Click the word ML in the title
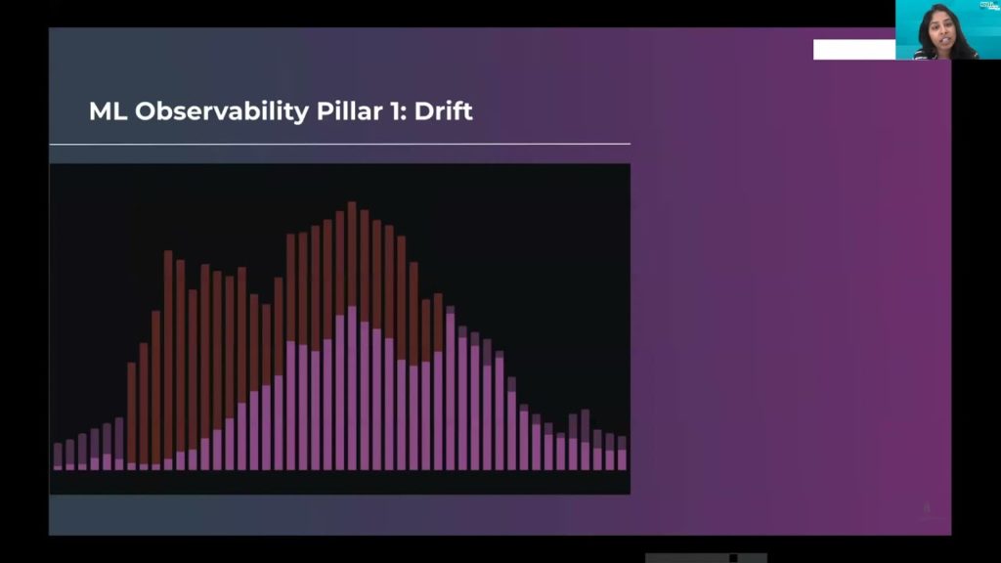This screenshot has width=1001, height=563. coord(108,111)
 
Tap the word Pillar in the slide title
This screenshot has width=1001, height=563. coord(348,111)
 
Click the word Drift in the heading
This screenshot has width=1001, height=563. coord(444,111)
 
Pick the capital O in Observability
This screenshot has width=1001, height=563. coord(147,111)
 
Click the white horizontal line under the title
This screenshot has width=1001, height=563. coord(339,145)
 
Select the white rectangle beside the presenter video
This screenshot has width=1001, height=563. coord(854,49)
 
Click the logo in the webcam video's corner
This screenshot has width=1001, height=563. coord(990,5)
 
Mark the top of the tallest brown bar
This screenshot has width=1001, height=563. coord(352,202)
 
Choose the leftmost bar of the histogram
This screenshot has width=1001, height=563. coord(58,456)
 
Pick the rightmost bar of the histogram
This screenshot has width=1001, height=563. coord(622,454)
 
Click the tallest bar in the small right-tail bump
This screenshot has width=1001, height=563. coord(586,440)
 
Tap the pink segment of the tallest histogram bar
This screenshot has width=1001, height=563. coord(352,388)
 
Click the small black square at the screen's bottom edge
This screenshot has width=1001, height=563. coord(733,558)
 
